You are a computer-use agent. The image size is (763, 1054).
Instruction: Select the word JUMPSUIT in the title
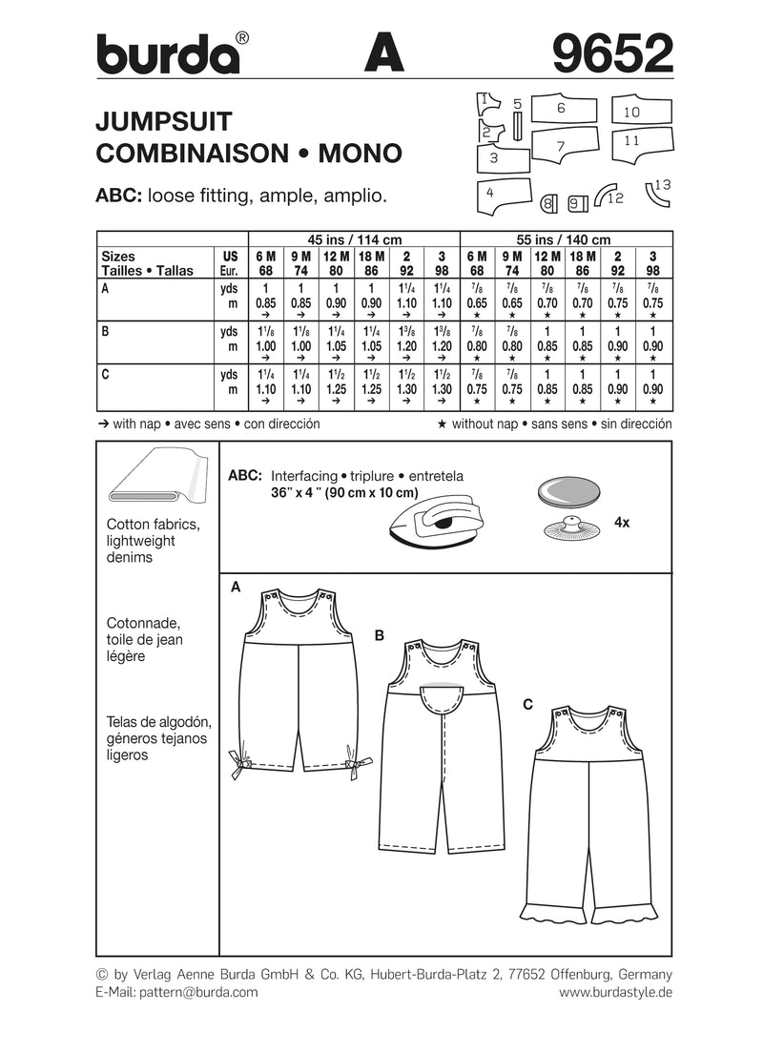(x=159, y=121)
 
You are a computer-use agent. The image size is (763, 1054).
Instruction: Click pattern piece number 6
(x=562, y=109)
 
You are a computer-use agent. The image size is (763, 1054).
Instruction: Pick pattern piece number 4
(x=500, y=195)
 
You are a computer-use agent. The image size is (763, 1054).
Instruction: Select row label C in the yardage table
(x=104, y=376)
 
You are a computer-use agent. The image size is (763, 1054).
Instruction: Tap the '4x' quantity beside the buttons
(x=623, y=523)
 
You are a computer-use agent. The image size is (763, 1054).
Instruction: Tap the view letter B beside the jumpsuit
(x=380, y=633)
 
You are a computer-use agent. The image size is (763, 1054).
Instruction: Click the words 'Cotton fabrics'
(x=146, y=526)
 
